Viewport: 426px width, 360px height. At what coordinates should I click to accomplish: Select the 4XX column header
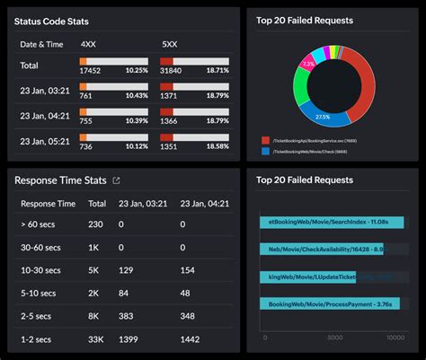tap(89, 42)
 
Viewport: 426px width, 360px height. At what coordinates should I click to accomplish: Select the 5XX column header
tap(169, 42)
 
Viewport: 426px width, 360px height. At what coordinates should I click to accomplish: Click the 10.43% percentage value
tap(137, 95)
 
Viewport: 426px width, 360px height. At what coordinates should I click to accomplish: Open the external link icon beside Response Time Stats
tap(116, 180)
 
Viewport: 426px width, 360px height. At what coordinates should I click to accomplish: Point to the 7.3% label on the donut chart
tap(307, 65)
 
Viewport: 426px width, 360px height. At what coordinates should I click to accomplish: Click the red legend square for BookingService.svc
tap(265, 141)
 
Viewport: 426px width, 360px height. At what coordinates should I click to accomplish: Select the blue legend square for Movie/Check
tap(265, 151)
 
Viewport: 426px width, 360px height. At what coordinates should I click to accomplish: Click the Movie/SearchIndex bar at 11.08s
tap(331, 222)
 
